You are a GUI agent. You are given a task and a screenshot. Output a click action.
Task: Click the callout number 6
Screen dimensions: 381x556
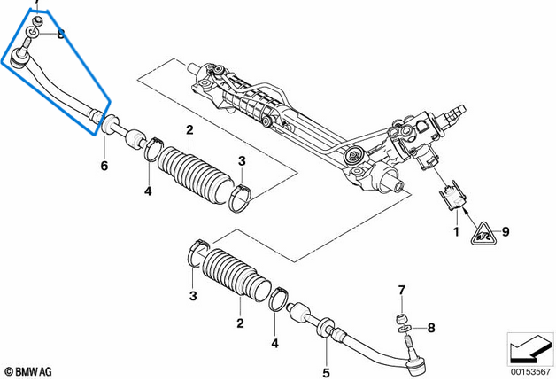[104, 165]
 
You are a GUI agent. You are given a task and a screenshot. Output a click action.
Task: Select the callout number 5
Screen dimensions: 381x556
[326, 372]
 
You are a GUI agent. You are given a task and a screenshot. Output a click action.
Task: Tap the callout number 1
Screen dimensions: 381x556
[457, 232]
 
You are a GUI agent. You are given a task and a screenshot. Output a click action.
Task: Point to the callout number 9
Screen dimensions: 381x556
[506, 232]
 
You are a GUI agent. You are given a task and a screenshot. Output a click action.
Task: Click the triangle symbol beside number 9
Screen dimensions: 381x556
[483, 233]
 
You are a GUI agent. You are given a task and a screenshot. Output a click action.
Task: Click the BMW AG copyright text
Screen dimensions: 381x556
[28, 371]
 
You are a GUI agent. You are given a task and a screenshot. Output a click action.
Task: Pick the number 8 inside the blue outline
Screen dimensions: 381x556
[60, 35]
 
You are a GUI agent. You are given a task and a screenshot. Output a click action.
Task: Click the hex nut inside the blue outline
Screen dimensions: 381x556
[35, 19]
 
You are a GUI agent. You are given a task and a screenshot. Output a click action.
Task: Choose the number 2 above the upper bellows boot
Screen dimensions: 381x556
[189, 131]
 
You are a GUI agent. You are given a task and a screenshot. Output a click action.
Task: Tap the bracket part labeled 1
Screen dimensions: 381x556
[453, 198]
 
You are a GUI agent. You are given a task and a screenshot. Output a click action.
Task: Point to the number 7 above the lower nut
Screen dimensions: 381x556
[400, 291]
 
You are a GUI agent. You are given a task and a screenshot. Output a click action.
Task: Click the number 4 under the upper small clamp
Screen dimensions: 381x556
[148, 190]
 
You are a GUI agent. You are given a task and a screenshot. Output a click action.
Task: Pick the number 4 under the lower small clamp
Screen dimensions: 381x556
[275, 343]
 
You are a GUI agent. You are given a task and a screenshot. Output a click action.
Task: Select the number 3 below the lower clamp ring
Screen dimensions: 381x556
[193, 295]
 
